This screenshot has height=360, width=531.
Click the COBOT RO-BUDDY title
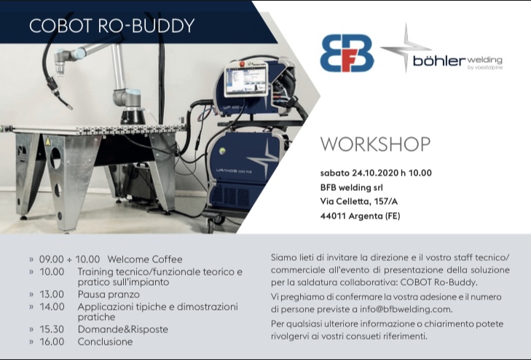coord(111,26)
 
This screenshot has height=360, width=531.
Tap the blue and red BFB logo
coord(347,52)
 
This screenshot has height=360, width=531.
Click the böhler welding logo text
coord(457,62)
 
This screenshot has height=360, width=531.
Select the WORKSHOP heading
coord(375,144)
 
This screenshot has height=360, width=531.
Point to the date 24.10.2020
coord(375,173)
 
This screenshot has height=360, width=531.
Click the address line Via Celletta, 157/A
coord(359,202)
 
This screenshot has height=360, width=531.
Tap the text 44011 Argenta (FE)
coord(360,216)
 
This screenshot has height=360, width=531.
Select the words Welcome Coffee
coord(145,259)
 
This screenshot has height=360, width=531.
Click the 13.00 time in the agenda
coord(52,294)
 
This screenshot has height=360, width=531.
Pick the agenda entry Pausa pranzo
coord(109,294)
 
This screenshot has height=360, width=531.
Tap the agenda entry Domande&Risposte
coord(123,329)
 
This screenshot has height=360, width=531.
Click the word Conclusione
coord(106,342)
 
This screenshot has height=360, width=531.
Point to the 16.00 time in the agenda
coord(52,342)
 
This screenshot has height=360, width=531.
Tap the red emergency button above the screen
coord(242,63)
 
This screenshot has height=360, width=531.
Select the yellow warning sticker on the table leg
coord(48,141)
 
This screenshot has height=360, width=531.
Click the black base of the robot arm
coord(133,116)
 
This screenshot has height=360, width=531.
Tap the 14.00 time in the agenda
coord(52,307)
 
